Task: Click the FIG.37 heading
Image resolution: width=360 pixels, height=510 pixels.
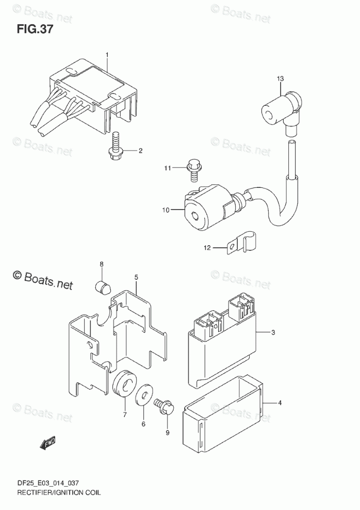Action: click(x=35, y=29)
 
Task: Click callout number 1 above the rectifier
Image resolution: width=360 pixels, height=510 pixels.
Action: click(x=107, y=54)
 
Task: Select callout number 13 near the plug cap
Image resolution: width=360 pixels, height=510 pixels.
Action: click(x=280, y=78)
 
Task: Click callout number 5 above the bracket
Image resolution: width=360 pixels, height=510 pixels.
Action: click(x=136, y=277)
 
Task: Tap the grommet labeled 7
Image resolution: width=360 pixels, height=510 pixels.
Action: click(x=124, y=384)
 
